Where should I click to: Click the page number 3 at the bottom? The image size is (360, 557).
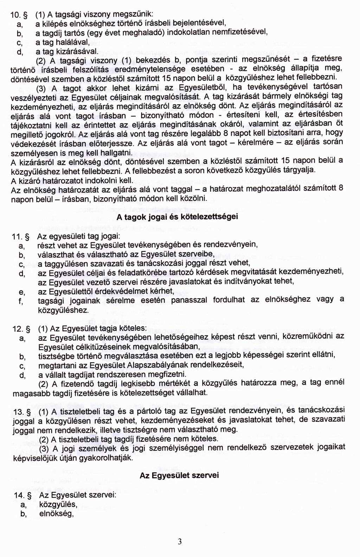click(x=180, y=542)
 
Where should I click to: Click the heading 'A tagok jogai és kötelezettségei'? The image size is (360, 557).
click(x=177, y=217)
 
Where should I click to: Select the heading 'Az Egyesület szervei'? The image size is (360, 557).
click(x=179, y=475)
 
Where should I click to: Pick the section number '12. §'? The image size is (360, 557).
click(x=22, y=329)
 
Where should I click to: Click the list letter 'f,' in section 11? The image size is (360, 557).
click(x=21, y=301)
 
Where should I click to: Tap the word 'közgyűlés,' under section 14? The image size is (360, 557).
click(x=58, y=505)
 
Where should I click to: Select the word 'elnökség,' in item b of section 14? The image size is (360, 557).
click(x=56, y=514)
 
